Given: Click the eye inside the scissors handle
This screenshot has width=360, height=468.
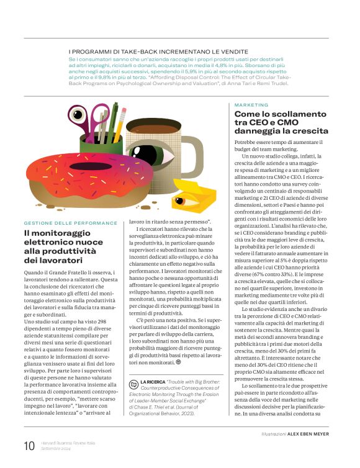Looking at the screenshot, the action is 79,116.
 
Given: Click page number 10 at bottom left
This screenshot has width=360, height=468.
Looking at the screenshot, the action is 29,445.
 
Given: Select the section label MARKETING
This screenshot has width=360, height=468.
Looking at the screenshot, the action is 251,106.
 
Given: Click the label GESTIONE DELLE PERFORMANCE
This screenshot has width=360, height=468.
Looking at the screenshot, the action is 70,223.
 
